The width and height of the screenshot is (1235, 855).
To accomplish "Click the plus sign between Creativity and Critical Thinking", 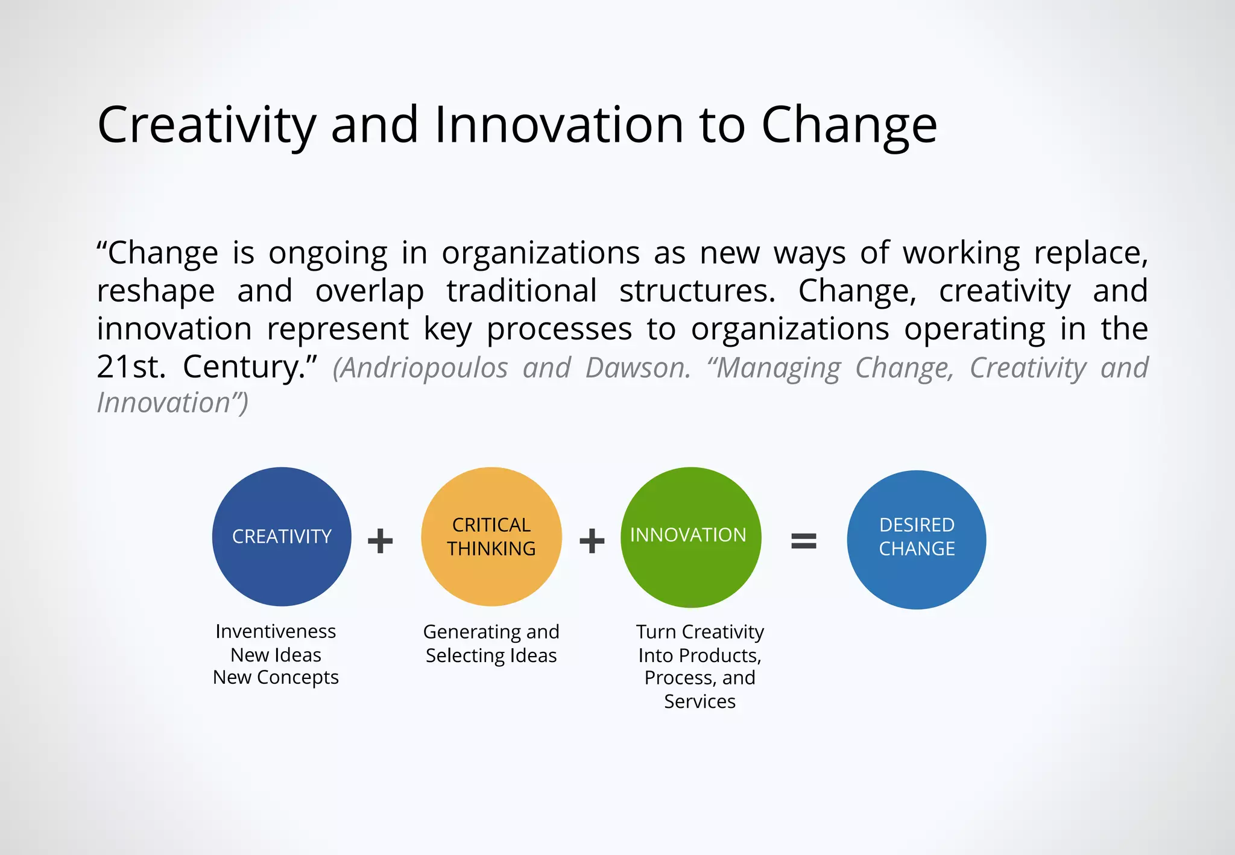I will tap(381, 541).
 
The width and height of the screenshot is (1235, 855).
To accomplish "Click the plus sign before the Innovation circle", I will tap(592, 541).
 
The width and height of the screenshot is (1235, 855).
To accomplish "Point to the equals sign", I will tap(803, 541).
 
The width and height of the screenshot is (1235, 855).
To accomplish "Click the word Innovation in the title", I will tap(558, 125).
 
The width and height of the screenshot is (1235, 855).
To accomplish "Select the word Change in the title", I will tap(849, 125).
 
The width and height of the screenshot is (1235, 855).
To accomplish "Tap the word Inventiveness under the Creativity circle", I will tap(276, 631).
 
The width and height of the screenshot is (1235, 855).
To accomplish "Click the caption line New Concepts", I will tap(276, 678).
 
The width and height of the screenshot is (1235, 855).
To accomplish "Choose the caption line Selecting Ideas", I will tap(491, 655).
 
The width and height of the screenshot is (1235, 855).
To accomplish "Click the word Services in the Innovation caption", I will tap(700, 701).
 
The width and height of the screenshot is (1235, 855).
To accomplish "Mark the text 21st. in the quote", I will tap(131, 367).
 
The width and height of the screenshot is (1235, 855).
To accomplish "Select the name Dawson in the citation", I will tap(637, 368).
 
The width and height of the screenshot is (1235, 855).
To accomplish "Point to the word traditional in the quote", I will tap(522, 291).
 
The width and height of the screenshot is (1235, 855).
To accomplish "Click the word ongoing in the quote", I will tap(327, 253).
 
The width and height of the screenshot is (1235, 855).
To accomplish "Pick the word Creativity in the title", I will tap(206, 125).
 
